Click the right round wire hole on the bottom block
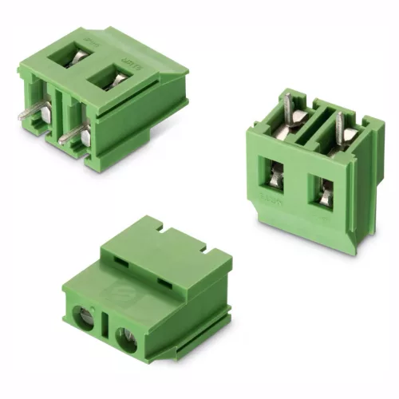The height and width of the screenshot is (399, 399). (x=127, y=328)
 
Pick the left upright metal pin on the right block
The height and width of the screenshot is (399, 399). (x=287, y=108)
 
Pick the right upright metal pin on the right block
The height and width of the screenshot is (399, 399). (x=339, y=125)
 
